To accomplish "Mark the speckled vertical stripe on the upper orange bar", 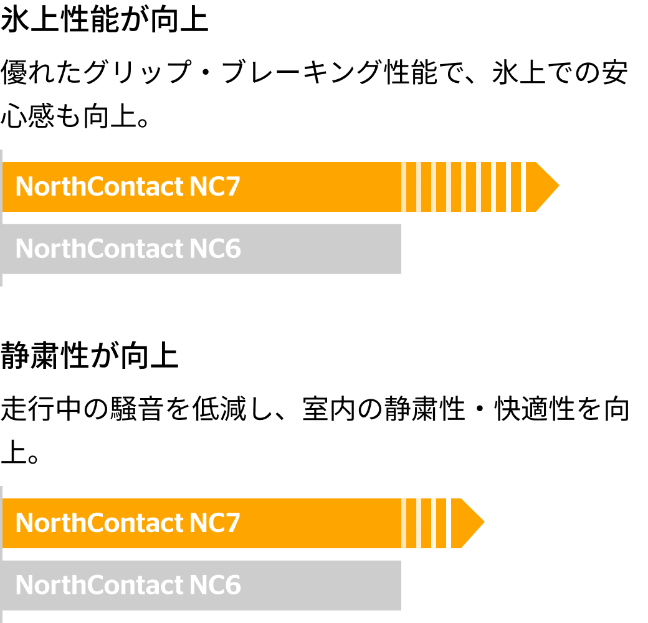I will click(x=523, y=187).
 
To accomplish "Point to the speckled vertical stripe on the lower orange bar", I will click(x=450, y=523).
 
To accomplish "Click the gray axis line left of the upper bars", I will click(x=1, y=218).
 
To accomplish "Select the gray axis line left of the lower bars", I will click(x=1, y=554).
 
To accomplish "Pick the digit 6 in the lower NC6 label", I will click(x=233, y=586).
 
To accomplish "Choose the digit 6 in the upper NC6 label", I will click(x=233, y=249).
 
